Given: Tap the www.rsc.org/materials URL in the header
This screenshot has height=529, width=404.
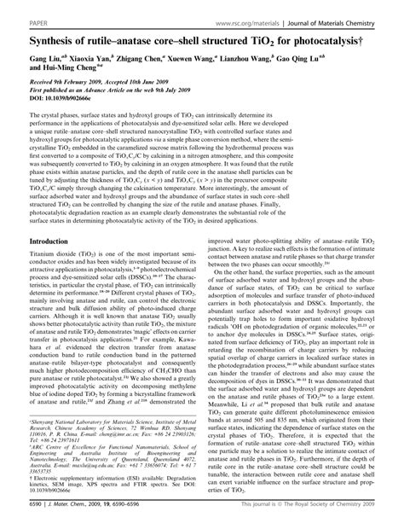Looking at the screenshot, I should click(251, 12).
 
